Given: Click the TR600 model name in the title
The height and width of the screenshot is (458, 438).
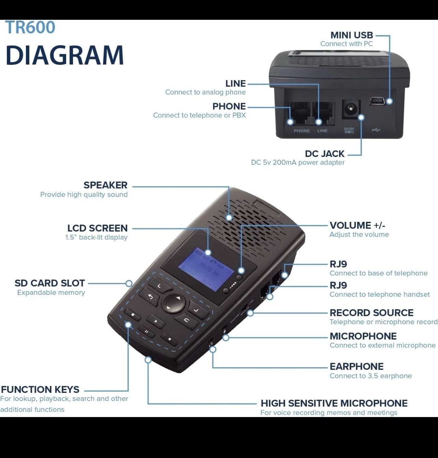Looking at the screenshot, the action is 30,28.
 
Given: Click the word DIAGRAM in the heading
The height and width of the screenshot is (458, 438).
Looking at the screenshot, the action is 65,55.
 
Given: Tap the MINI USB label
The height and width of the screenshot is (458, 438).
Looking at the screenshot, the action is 351,35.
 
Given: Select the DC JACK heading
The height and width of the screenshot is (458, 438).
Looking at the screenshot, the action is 324,154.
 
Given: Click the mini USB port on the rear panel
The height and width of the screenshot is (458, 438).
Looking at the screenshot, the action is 377,101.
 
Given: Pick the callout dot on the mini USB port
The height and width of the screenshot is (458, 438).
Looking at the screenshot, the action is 390,101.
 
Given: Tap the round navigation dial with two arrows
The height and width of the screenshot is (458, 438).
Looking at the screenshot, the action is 174,303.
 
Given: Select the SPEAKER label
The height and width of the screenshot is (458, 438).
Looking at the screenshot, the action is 105,185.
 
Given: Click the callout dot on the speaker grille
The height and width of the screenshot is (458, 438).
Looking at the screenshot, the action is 229,217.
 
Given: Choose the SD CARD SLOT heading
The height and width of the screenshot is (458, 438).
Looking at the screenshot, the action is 49,283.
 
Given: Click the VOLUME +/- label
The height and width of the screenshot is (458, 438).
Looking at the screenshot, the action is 357,225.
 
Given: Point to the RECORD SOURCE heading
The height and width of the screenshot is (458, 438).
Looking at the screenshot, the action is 371,313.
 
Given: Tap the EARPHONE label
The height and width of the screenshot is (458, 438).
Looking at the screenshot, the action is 356,366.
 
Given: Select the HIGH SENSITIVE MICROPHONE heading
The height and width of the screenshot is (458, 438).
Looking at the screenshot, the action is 334,403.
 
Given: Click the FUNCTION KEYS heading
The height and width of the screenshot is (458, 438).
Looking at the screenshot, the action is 40,389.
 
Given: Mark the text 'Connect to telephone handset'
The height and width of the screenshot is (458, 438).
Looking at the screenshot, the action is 379,294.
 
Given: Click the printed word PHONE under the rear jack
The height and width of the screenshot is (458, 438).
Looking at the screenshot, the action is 302,131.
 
